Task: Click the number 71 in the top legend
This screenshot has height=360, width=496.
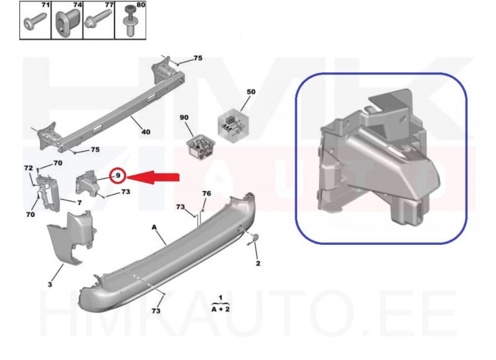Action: [x=44, y=5]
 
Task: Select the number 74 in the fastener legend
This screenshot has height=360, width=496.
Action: [x=77, y=5]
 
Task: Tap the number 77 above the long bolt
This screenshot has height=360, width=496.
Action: [x=108, y=5]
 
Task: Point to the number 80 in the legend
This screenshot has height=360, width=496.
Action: [x=140, y=5]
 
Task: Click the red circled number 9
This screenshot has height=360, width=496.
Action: [x=117, y=177]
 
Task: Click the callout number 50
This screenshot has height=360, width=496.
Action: [x=250, y=92]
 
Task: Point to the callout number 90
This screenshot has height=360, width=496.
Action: [x=184, y=118]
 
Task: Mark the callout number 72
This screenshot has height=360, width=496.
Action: [x=28, y=168]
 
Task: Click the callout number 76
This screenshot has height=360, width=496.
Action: [x=206, y=194]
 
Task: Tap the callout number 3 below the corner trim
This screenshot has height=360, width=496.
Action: [x=50, y=284]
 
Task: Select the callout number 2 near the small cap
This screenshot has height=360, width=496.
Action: [x=257, y=263]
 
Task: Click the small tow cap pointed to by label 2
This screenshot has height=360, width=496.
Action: [x=254, y=238]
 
